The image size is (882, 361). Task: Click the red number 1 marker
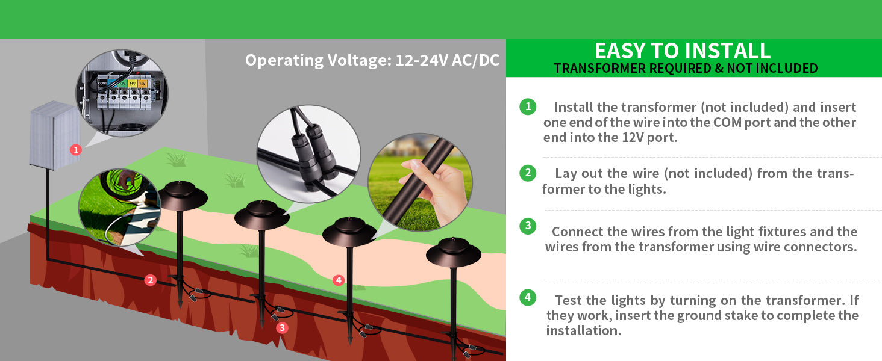pyautogui.click(x=76, y=150)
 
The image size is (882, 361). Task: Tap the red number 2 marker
pyautogui.click(x=150, y=280)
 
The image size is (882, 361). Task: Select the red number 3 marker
pyautogui.click(x=282, y=327)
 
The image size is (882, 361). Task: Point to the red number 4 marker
pyautogui.click(x=339, y=280)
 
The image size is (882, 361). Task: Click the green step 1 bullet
pyautogui.click(x=528, y=106)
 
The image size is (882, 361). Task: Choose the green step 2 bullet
pyautogui.click(x=528, y=173)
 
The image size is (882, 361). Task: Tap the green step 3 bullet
pyautogui.click(x=528, y=226)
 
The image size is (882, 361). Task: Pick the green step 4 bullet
pyautogui.click(x=528, y=297)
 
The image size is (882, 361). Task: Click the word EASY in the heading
pyautogui.click(x=620, y=51)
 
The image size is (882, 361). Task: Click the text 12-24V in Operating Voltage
pyautogui.click(x=421, y=60)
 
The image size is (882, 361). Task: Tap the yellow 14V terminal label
pyautogui.click(x=133, y=84)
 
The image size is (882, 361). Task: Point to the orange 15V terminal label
pyautogui.click(x=142, y=84)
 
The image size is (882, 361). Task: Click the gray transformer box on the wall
pyautogui.click(x=54, y=135)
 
